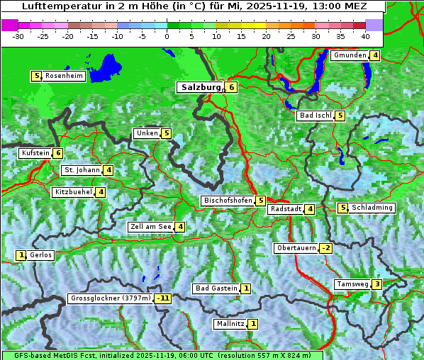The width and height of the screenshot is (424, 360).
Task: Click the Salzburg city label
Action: pyautogui.click(x=201, y=87)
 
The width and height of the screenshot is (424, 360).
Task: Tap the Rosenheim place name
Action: pyautogui.click(x=64, y=76)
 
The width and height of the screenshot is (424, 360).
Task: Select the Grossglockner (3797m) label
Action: pyautogui.click(x=111, y=298)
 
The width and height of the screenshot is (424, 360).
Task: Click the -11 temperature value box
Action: pyautogui.click(x=164, y=298)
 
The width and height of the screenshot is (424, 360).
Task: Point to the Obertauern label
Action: pyautogui.click(x=296, y=248)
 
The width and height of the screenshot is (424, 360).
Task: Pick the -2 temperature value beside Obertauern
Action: pyautogui.click(x=325, y=248)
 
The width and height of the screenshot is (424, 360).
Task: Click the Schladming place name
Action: pyautogui.click(x=372, y=208)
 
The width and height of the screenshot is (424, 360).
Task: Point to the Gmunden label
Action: pyautogui.click(x=350, y=55)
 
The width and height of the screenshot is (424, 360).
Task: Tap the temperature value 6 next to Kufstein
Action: pyautogui.click(x=57, y=153)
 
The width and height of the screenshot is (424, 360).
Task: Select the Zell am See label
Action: pyautogui.click(x=151, y=227)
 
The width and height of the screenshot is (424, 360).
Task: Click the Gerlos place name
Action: pyautogui.click(x=41, y=255)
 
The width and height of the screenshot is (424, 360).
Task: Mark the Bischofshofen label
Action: pyautogui.click(x=228, y=201)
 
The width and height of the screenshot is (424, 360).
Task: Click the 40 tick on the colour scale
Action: pyautogui.click(x=365, y=35)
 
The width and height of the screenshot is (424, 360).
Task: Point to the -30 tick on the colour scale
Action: pyautogui.click(x=19, y=35)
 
